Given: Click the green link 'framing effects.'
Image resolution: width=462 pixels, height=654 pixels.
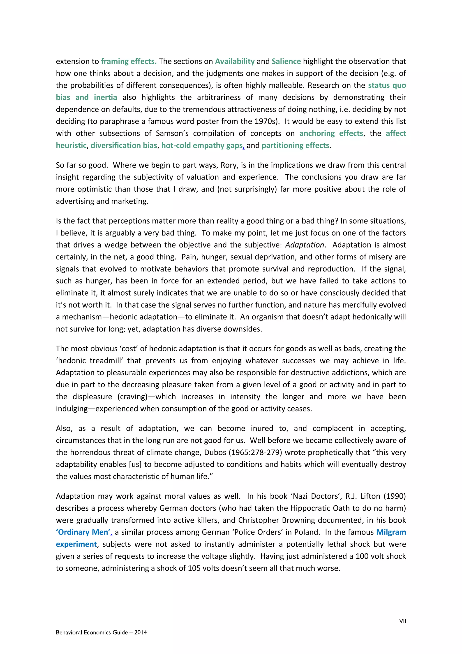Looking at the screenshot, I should pos(129,61).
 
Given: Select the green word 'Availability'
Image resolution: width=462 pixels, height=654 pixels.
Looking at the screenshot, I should pos(235,61).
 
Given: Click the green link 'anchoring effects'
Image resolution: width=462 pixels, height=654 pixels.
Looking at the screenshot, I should pos(331,133).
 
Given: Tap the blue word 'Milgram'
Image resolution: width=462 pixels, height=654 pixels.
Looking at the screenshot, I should pos(391,532).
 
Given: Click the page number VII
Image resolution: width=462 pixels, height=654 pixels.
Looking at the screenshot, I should pos(402,621).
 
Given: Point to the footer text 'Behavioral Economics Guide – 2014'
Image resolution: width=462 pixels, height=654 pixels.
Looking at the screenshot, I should pos(101,632).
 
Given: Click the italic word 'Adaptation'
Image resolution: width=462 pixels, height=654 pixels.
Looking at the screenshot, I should pos(304,245).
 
